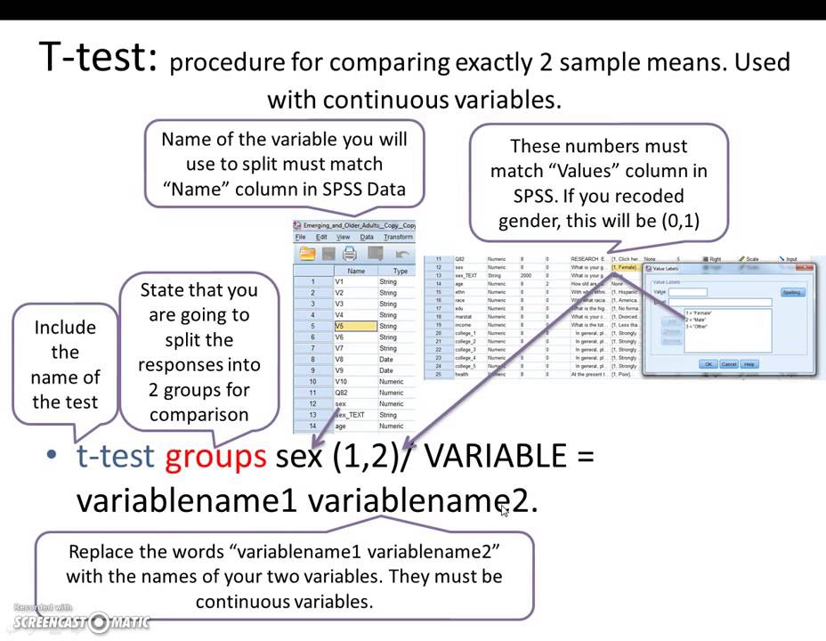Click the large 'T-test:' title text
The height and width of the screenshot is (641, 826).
[x=99, y=58]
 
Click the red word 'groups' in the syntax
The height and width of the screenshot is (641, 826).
[x=215, y=456]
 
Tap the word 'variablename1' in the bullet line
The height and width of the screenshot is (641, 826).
[x=187, y=500]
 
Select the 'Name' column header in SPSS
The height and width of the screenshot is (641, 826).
[x=356, y=271]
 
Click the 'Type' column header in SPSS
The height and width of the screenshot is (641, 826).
[x=400, y=271]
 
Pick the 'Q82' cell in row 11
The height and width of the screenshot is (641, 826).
[x=342, y=393]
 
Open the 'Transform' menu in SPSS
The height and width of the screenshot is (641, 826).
[x=398, y=237]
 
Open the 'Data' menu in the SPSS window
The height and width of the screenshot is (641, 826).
[x=367, y=237]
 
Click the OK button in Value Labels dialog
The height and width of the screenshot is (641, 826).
[x=708, y=364]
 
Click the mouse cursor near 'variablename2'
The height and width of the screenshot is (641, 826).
[x=505, y=509]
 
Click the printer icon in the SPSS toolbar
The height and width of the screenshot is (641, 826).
[x=350, y=254]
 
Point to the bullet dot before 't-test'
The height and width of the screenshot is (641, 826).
[x=52, y=457]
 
